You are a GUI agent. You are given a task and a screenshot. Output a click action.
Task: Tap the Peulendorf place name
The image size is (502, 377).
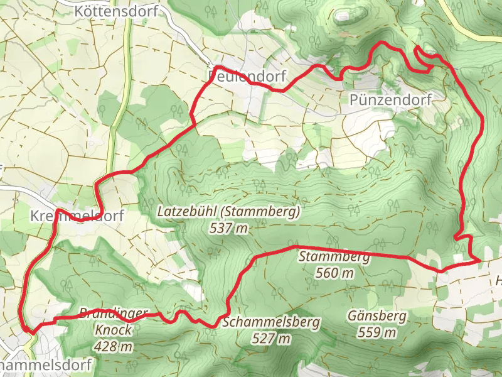click(247, 77)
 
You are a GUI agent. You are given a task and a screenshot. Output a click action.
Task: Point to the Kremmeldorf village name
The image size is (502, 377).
click(77, 216)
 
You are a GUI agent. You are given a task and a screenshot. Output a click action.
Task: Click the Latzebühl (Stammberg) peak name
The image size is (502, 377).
click(228, 211)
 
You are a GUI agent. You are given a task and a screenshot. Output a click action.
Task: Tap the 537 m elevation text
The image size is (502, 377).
click(228, 227)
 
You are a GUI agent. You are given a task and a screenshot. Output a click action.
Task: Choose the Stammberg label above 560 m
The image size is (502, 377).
click(334, 256)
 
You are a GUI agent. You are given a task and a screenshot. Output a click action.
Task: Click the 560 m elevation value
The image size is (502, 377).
click(334, 273)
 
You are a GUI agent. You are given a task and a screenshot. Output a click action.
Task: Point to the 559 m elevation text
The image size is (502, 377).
click(377, 332)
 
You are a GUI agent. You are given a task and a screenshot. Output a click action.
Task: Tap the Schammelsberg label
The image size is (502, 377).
click(271, 322)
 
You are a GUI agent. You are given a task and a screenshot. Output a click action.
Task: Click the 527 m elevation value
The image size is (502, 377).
click(271, 339)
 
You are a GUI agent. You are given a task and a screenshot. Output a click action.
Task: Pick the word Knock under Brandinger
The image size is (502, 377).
click(114, 329)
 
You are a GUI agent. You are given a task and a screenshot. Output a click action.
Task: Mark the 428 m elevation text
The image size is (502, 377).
click(114, 346)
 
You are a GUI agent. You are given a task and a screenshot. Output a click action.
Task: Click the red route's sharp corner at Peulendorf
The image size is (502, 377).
click(215, 67)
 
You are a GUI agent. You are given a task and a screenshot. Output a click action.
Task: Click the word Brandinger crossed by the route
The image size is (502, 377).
click(114, 314)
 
